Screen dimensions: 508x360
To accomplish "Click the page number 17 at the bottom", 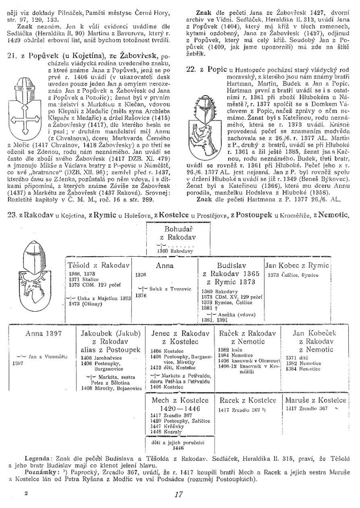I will [179, 494].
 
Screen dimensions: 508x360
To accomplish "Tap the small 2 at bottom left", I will [26, 494].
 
